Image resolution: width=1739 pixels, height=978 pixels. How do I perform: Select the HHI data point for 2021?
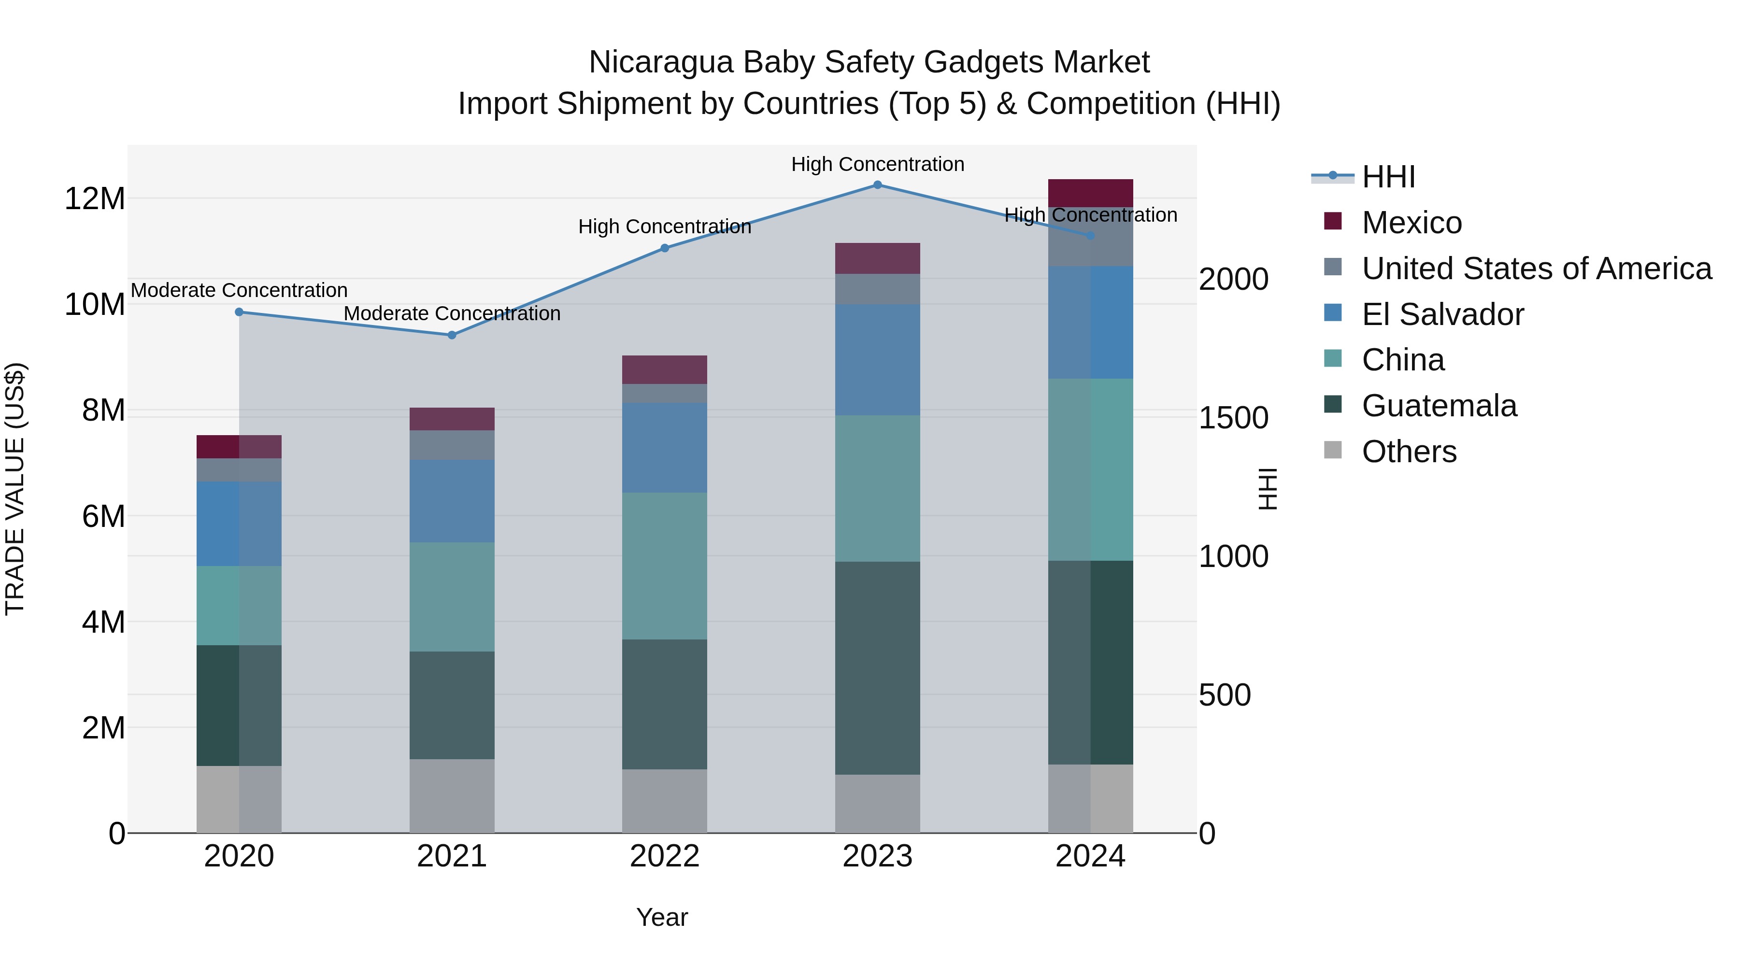coord(452,336)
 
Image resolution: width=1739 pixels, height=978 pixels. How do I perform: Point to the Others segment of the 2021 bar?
coord(452,796)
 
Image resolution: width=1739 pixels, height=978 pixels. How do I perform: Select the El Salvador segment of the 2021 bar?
coord(452,501)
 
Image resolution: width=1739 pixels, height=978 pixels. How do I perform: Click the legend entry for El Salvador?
coord(1442,314)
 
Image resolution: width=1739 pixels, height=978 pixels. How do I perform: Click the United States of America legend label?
coord(1536,269)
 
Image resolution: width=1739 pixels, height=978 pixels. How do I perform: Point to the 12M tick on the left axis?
coord(95,199)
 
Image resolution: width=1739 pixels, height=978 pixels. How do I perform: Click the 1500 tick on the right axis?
coord(1233,418)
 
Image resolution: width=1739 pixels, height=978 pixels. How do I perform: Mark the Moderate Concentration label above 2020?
coord(239,290)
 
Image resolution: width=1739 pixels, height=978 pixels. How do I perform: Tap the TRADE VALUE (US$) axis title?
coord(15,489)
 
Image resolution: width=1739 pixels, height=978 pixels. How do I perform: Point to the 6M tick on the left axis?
coord(103,517)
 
